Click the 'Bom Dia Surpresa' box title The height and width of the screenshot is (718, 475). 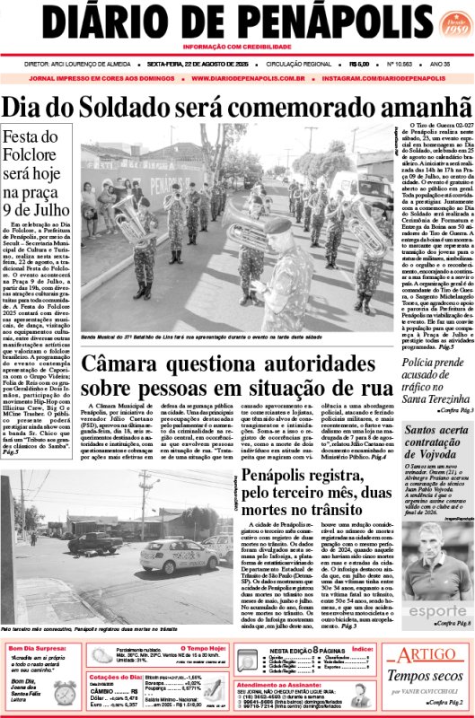coord(37,647)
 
